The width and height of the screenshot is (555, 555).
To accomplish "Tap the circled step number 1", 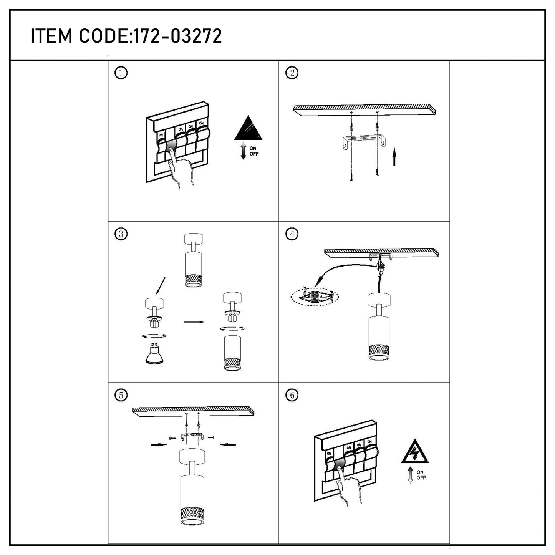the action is click(121, 73).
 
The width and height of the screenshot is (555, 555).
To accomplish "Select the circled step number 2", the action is click(292, 73).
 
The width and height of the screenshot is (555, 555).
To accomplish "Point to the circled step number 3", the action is click(121, 234).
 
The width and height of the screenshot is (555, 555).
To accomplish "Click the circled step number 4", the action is click(292, 234).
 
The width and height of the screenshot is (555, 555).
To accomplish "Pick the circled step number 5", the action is click(121, 395).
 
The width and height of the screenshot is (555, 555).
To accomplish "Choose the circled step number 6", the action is click(292, 395).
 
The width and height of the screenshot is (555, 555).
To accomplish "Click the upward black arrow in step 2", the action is click(394, 157).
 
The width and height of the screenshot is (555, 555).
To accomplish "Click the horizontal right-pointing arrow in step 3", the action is click(194, 322).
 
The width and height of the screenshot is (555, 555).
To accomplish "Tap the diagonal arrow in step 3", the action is click(161, 286).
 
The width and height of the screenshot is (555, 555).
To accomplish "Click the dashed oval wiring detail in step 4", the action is click(315, 297).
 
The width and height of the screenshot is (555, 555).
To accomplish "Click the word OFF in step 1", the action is click(254, 154).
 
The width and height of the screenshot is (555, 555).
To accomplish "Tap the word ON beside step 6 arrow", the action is click(420, 472).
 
